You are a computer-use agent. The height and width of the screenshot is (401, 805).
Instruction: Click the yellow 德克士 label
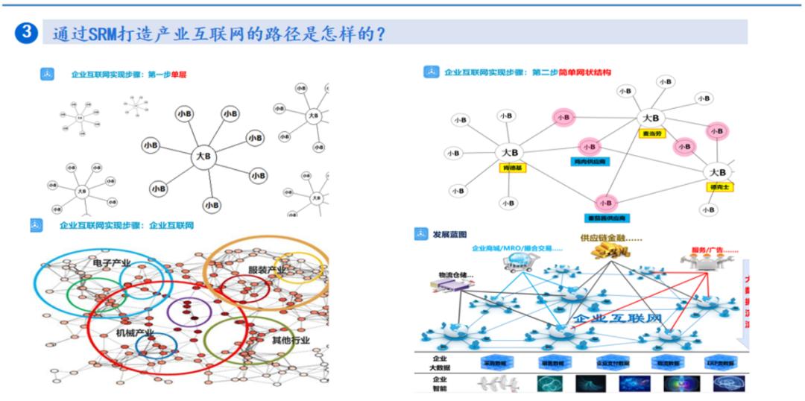[719, 186]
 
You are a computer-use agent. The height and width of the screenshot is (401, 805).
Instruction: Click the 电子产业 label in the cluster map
[113, 264]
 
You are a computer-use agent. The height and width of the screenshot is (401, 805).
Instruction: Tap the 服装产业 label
[267, 269]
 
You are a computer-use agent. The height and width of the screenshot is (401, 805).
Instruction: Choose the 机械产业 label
[135, 332]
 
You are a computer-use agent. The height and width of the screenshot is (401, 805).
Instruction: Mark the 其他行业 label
[291, 341]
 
